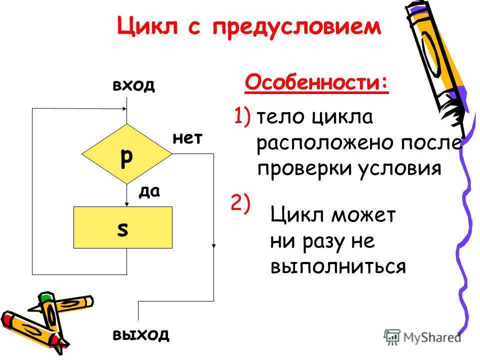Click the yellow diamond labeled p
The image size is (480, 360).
[126, 154]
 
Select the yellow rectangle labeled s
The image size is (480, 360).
[123, 227]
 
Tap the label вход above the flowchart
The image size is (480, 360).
[134, 85]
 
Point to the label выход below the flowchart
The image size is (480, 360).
[141, 335]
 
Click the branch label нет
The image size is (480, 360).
[187, 138]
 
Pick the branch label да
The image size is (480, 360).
[149, 192]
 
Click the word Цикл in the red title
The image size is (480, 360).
[147, 25]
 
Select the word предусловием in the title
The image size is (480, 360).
[297, 27]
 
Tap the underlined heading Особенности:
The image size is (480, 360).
[316, 82]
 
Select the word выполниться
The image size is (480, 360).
[338, 266]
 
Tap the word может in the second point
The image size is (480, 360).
[363, 215]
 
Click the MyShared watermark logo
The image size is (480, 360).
[422, 337]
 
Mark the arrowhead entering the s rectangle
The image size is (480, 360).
[126, 204]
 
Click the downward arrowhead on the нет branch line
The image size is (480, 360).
[213, 245]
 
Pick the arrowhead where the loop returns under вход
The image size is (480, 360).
[124, 108]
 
